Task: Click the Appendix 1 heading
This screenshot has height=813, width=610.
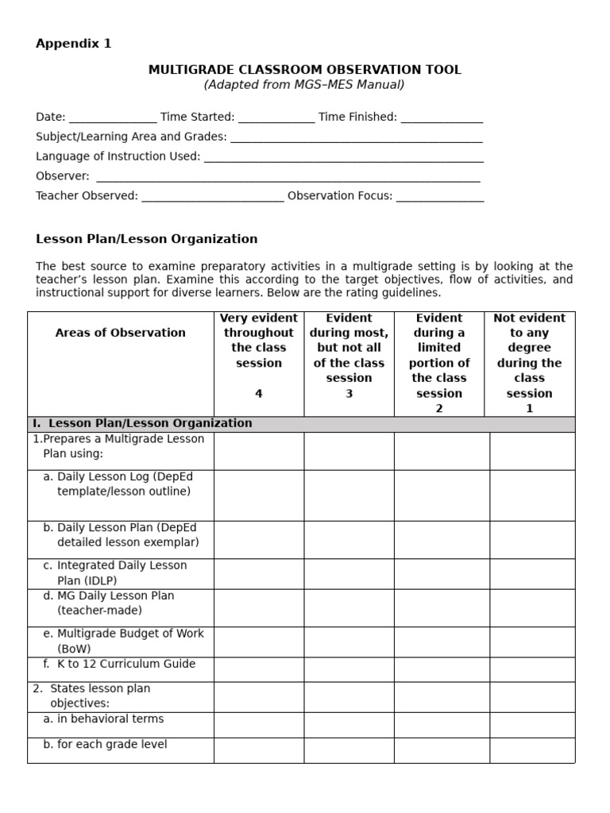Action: click(74, 44)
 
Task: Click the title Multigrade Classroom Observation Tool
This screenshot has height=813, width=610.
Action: click(304, 70)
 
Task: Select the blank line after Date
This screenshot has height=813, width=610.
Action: click(113, 118)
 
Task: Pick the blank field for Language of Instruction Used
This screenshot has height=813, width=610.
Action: click(343, 157)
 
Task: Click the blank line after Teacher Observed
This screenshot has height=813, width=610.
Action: click(212, 196)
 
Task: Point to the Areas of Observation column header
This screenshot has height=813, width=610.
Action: click(121, 333)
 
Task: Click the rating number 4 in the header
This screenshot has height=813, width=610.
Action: click(259, 393)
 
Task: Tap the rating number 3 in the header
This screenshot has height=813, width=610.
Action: click(349, 393)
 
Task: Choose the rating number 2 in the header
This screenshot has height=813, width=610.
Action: click(439, 408)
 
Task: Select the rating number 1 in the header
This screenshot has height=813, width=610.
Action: click(529, 408)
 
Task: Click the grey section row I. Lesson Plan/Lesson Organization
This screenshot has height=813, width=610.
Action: click(301, 424)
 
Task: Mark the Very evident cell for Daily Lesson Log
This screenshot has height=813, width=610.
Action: click(259, 495)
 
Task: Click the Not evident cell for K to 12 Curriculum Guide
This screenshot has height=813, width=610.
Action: click(532, 669)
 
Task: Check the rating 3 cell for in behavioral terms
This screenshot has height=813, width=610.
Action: click(349, 725)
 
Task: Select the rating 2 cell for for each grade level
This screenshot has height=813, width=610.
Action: click(442, 750)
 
